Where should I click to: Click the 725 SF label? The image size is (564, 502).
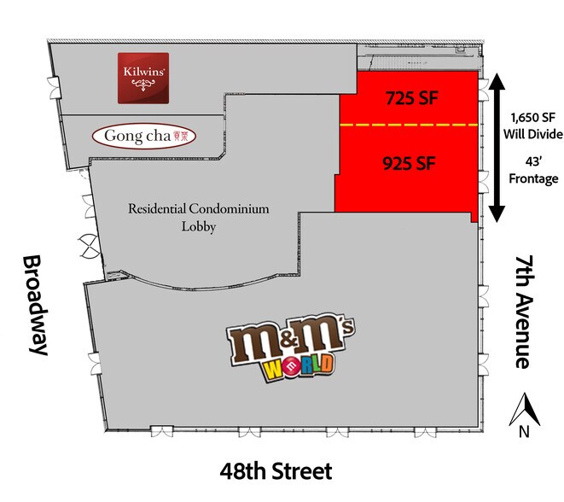410,98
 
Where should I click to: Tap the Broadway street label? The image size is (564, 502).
34,305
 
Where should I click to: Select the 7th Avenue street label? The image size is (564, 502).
524,310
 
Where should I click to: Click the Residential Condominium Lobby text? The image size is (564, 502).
186,217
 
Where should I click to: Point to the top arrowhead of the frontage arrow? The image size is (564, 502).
495,82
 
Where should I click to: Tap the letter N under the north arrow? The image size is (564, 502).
523,432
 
